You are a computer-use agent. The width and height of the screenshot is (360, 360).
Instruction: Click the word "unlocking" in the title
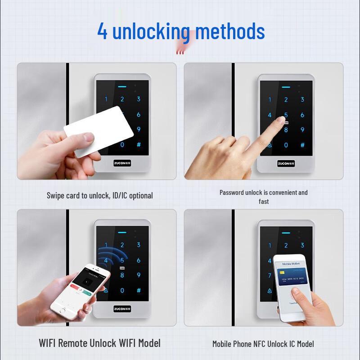coord(151,31)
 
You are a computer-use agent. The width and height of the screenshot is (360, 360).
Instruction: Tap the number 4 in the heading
coord(103,31)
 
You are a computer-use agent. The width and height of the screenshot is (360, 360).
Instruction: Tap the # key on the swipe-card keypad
coord(139,145)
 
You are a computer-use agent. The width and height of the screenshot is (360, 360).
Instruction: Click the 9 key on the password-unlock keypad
coord(302,130)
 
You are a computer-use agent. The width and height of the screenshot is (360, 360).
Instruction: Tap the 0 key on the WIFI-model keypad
coord(122,291)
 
